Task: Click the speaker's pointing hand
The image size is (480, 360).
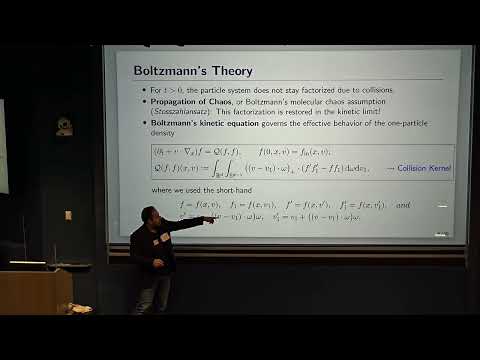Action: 208,220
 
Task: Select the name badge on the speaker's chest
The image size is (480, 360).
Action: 164,237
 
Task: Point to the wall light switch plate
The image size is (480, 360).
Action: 68,215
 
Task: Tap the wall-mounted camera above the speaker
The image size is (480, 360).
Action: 64,127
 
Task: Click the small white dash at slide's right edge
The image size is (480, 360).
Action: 442,206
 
